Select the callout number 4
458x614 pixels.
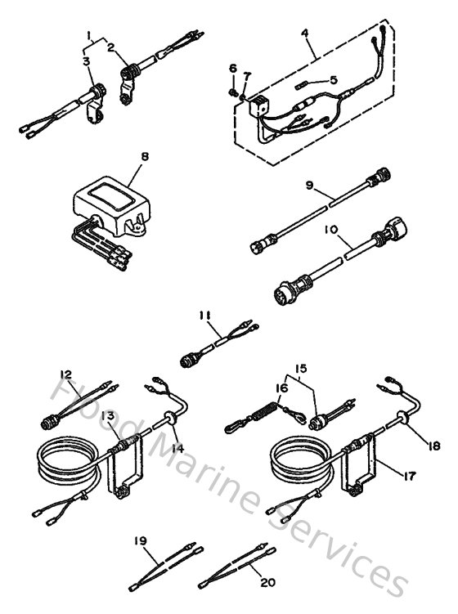tap(304, 33)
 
